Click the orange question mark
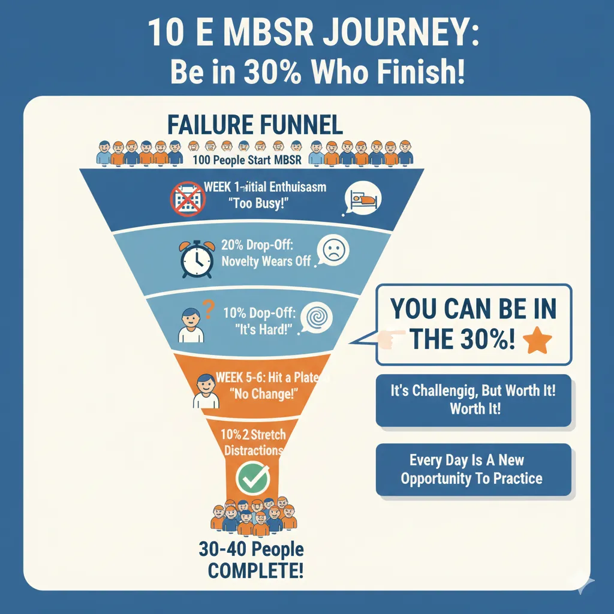coord(209,310)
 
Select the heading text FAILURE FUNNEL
coord(255,125)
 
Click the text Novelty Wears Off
coord(266,261)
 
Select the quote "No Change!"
coord(264,395)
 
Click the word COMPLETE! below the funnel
coord(255,570)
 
